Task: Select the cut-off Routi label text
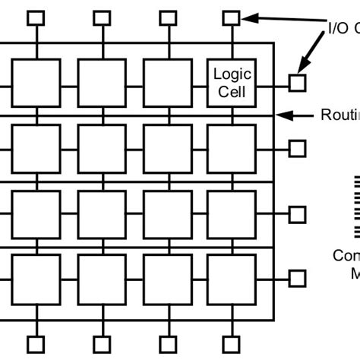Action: (341, 115)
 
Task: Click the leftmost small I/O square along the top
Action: (36, 17)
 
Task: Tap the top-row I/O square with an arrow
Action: (232, 17)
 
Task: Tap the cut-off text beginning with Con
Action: (346, 256)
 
